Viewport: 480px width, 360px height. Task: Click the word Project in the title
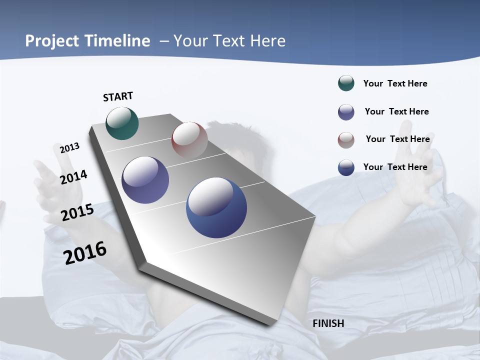click(x=52, y=41)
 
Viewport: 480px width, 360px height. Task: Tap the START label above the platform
click(x=118, y=96)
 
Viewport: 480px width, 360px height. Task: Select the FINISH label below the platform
click(x=328, y=323)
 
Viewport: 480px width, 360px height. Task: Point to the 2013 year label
click(x=69, y=148)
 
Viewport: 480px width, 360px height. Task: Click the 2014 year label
click(x=73, y=177)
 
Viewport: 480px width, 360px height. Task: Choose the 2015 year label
click(x=77, y=212)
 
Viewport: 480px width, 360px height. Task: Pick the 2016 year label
click(x=85, y=253)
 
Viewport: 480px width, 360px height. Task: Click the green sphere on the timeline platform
click(x=122, y=123)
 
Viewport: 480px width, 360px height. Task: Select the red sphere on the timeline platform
click(x=189, y=139)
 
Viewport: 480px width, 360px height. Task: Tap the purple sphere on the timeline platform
click(x=145, y=180)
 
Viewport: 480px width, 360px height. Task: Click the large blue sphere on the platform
click(x=216, y=207)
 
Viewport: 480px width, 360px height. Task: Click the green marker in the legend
click(x=346, y=83)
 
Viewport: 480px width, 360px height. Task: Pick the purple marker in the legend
click(x=346, y=112)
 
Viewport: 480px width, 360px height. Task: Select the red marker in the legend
click(x=346, y=140)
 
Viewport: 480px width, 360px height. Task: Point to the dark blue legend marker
click(x=346, y=167)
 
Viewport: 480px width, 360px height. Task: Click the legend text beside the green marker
click(x=395, y=83)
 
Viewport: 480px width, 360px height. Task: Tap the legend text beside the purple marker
click(x=396, y=111)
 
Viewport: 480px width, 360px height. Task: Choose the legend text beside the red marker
click(x=397, y=139)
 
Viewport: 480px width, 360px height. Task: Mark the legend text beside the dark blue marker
click(x=395, y=167)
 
